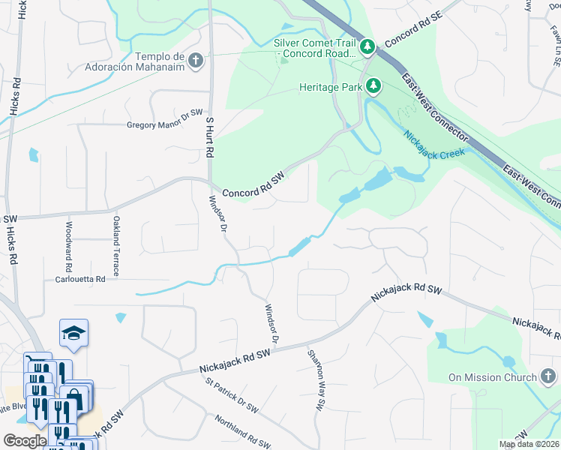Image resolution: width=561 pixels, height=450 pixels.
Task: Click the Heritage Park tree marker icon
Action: click(373, 88)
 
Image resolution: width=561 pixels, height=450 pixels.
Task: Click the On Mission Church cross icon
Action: click(549, 377)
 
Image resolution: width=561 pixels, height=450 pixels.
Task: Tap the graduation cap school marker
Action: click(74, 332)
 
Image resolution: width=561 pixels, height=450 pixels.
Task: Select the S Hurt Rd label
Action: click(209, 136)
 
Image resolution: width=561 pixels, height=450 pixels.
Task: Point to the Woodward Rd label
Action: click(67, 246)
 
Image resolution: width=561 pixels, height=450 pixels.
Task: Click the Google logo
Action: click(25, 441)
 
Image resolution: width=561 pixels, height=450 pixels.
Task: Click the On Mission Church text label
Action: click(492, 377)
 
